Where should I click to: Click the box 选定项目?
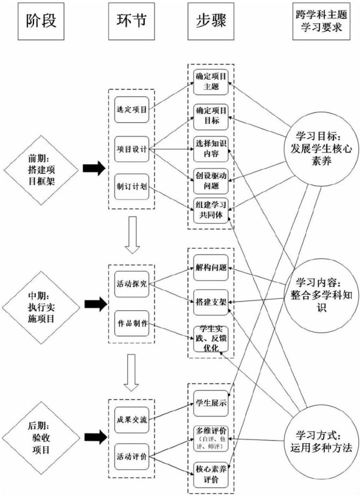(131, 109)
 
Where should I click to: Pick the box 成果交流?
(131, 418)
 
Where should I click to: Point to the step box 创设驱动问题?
(211, 180)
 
